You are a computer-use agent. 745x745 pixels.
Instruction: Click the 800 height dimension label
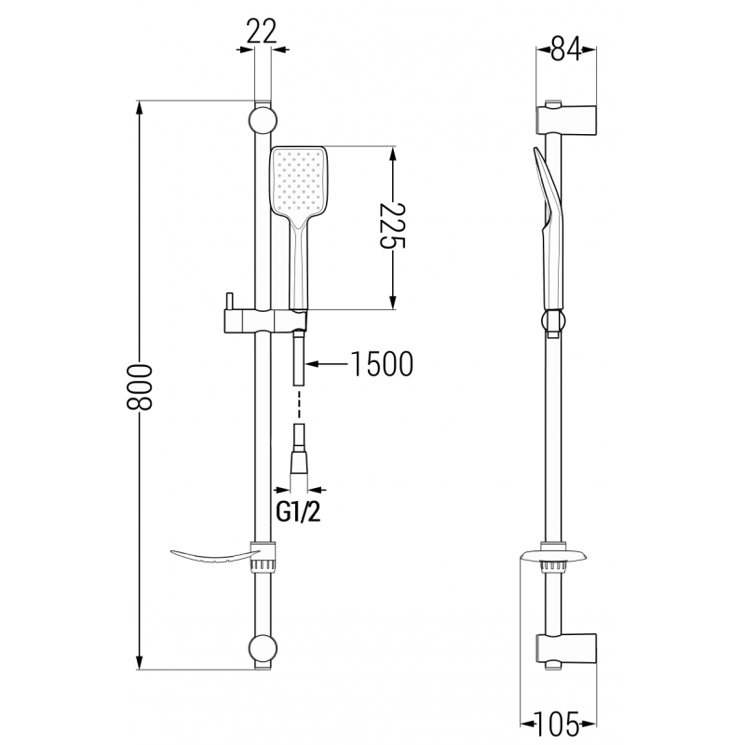coord(140,383)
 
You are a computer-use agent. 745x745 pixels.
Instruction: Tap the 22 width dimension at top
coord(264,32)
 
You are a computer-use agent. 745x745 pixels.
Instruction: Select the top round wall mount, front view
coord(262,121)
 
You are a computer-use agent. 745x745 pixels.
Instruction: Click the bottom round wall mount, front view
coord(262,648)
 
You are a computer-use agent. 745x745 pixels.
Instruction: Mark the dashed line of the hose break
coord(297,405)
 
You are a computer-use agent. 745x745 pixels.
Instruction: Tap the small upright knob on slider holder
coord(227,303)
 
